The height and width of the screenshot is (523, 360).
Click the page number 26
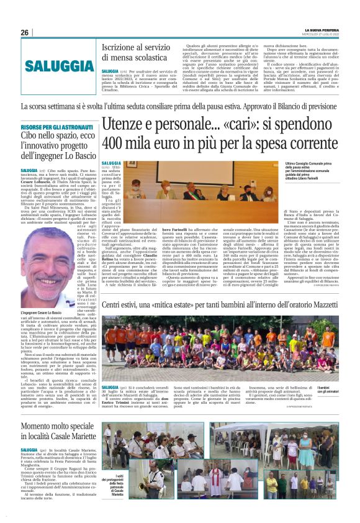(24, 32)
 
